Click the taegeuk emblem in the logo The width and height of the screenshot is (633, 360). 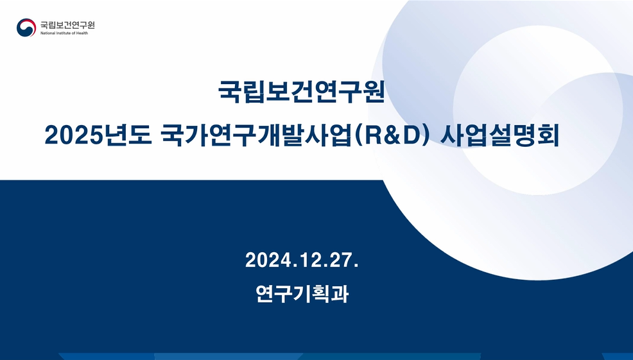point(26,28)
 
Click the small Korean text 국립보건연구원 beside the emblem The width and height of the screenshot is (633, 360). point(67,25)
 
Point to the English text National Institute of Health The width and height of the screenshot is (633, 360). point(64,33)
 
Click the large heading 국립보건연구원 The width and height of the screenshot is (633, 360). point(301,92)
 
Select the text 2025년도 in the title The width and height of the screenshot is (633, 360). point(98,135)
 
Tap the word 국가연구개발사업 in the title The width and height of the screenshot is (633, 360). point(256,135)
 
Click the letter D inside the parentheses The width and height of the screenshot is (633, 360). point(410,136)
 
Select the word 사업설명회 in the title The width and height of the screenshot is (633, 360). point(499,135)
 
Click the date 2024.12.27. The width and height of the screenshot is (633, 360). point(302,260)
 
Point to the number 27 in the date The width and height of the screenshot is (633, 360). point(342,260)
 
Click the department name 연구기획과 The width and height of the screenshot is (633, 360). point(302,293)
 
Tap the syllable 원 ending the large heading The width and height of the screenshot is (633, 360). point(374,92)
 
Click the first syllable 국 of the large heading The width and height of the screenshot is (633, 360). point(229,92)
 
